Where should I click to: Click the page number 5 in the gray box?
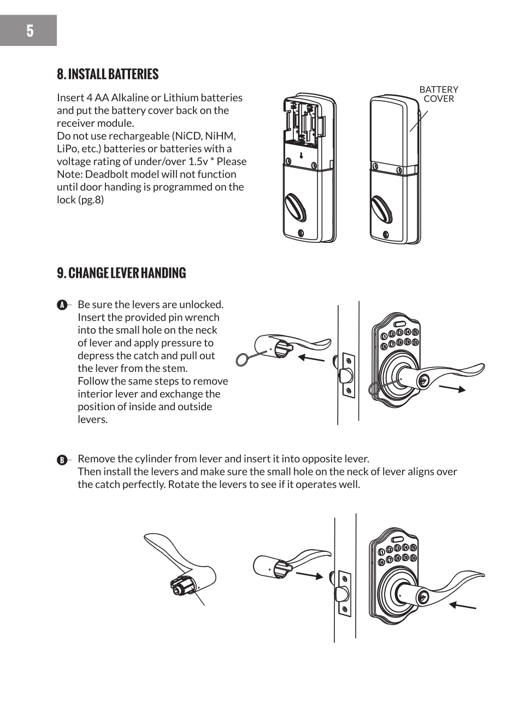tap(30, 31)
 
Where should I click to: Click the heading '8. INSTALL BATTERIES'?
tap(108, 74)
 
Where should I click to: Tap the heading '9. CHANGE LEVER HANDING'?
tap(121, 273)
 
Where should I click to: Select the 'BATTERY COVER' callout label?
tap(439, 94)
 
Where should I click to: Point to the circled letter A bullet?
tap(62, 305)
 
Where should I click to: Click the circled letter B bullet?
tap(62, 459)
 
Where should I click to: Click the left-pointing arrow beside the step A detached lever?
tap(311, 359)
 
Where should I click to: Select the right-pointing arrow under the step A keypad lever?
tap(452, 388)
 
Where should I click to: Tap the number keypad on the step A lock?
tap(400, 337)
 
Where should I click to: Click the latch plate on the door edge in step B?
tap(344, 593)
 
